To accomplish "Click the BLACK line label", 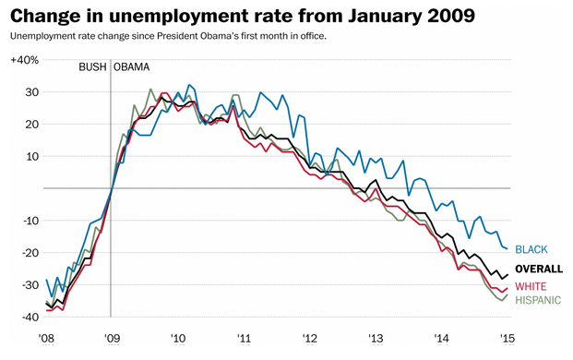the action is (x=531, y=249).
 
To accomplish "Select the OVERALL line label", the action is (x=539, y=269).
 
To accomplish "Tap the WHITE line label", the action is (x=531, y=286).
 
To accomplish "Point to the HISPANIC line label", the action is (x=538, y=300).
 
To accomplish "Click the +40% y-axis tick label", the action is (x=25, y=60).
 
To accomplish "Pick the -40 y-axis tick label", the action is (x=30, y=318).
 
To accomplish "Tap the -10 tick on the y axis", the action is (x=30, y=221).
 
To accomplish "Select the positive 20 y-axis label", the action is (x=31, y=125).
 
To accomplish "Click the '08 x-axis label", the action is (x=46, y=339).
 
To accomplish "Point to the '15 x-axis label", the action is (x=507, y=339).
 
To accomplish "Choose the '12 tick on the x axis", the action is (x=310, y=339).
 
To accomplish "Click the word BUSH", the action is (x=93, y=67).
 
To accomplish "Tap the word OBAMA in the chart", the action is (x=132, y=67).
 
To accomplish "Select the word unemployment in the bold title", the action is (x=177, y=16).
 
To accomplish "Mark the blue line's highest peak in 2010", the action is (x=189, y=85).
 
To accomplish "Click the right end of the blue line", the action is (x=507, y=249).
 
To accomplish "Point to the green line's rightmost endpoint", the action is (x=507, y=294).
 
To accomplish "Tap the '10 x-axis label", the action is (x=178, y=339).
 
